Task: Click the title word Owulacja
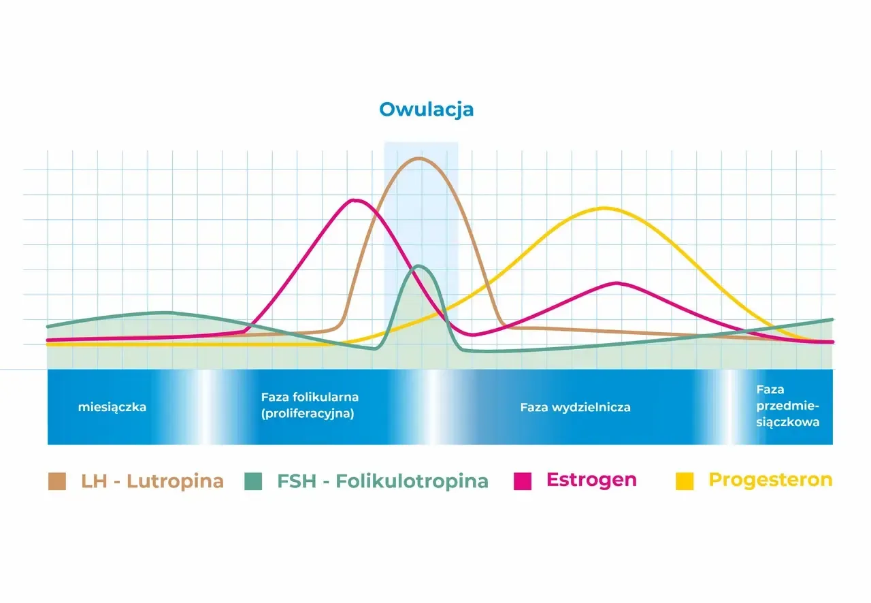(x=426, y=110)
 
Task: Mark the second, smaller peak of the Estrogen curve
(x=617, y=283)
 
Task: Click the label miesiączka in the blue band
(x=112, y=408)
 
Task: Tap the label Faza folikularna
(x=310, y=397)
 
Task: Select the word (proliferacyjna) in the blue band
(x=308, y=414)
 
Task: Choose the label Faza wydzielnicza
(x=575, y=408)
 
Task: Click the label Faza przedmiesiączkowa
(x=788, y=406)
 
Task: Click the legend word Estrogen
(x=591, y=479)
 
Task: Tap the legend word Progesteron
(x=770, y=480)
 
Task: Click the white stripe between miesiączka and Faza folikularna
(x=205, y=408)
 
